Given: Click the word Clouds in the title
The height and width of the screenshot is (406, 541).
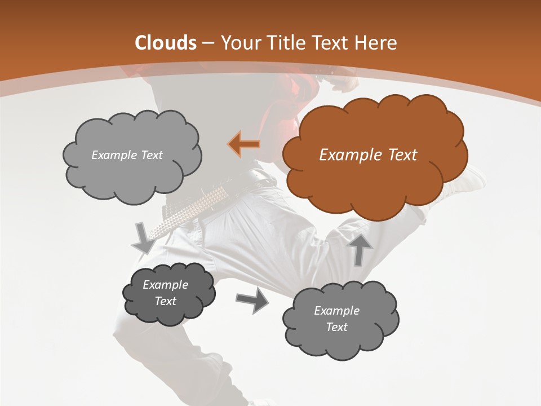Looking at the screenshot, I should pyautogui.click(x=165, y=43).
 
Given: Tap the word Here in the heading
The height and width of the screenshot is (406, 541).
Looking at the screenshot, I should pyautogui.click(x=376, y=43).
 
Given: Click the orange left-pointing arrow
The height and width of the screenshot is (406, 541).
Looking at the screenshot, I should pyautogui.click(x=244, y=144).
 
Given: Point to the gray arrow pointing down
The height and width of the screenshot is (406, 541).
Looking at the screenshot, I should pyautogui.click(x=144, y=238).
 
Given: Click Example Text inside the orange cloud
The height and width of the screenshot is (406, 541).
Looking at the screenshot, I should pyautogui.click(x=368, y=155).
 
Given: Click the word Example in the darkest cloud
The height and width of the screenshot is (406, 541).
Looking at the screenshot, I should pyautogui.click(x=165, y=285).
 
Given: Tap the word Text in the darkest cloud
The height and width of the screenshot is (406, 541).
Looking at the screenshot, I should pyautogui.click(x=165, y=301).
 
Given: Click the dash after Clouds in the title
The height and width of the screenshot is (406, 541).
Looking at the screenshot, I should pyautogui.click(x=208, y=43).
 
